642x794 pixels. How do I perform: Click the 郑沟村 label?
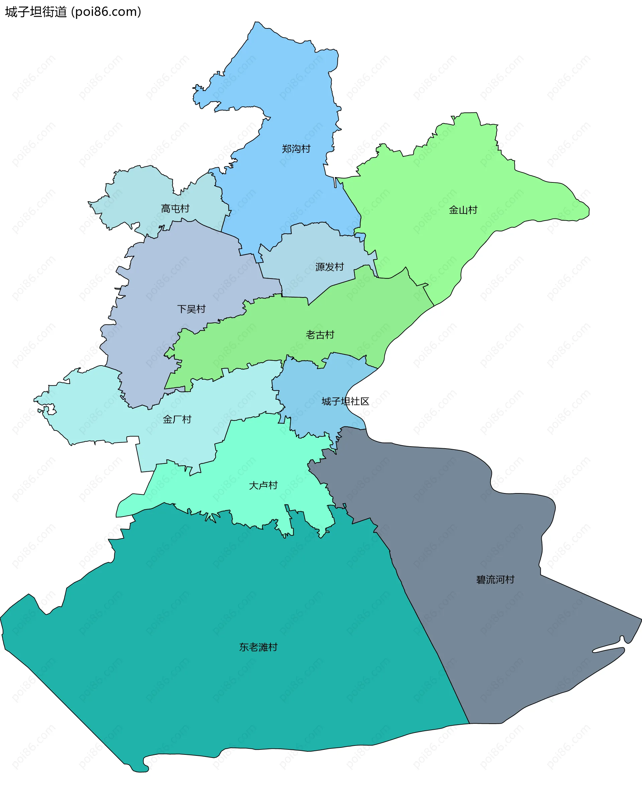pyautogui.click(x=296, y=149)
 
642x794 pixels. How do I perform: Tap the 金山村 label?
pyautogui.click(x=463, y=210)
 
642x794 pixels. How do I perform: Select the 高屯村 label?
pyautogui.click(x=175, y=209)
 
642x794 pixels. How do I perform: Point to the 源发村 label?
pyautogui.click(x=329, y=267)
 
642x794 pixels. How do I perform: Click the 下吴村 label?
pyautogui.click(x=191, y=309)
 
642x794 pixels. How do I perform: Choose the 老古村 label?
pyautogui.click(x=320, y=335)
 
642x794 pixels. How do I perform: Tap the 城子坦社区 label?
pyautogui.click(x=345, y=402)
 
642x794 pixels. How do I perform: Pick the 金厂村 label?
pyautogui.click(x=177, y=419)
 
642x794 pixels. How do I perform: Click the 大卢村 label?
pyautogui.click(x=263, y=485)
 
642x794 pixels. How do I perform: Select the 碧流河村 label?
pyautogui.click(x=495, y=580)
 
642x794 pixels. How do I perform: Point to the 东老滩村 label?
pyautogui.click(x=258, y=647)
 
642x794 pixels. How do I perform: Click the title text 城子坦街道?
pyautogui.click(x=36, y=12)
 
